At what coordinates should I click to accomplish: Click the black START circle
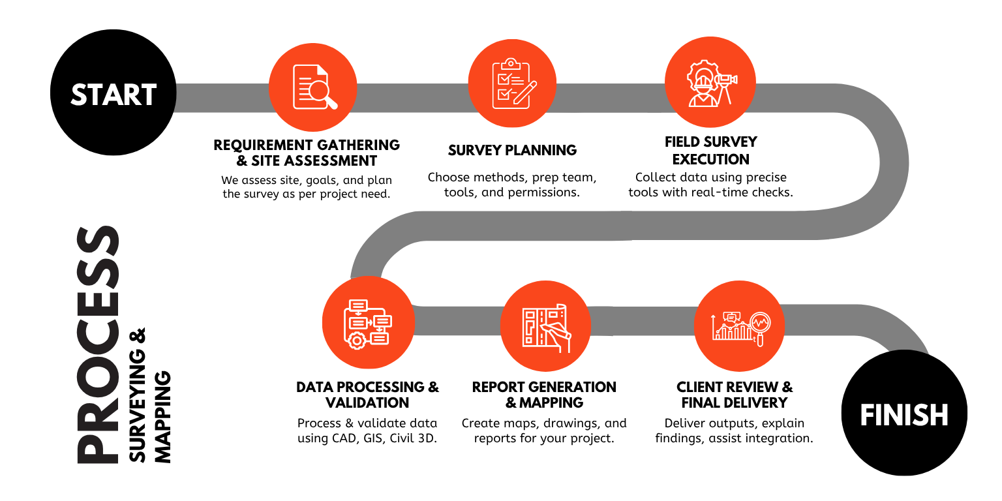tap(113, 93)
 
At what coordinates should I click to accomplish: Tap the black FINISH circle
tap(904, 412)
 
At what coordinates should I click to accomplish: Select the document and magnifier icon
tap(314, 87)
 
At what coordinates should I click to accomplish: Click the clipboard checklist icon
tap(513, 83)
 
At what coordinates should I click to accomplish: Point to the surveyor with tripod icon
tap(712, 83)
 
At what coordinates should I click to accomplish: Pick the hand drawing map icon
tap(547, 327)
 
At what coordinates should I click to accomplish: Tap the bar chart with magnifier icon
tap(741, 329)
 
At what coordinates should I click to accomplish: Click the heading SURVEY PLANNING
tap(512, 150)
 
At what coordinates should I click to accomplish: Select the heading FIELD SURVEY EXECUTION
tap(711, 150)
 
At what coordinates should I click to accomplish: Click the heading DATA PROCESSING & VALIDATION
tap(367, 395)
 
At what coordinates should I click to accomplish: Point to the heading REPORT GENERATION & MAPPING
tap(544, 395)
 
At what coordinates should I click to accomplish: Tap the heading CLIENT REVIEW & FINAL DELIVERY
tap(735, 395)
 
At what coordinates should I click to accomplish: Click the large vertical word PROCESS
tap(98, 344)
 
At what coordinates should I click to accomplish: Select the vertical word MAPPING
tap(162, 417)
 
